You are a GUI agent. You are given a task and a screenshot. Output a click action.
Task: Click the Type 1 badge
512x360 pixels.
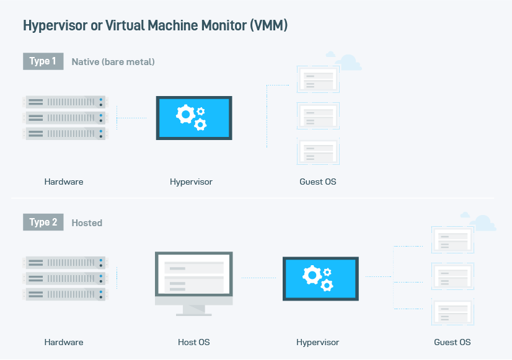click(43, 61)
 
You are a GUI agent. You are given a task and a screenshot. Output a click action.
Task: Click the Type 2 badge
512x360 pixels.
click(43, 222)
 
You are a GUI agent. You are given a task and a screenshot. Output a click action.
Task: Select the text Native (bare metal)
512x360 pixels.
click(113, 62)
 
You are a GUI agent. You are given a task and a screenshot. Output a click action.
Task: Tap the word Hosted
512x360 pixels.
click(87, 223)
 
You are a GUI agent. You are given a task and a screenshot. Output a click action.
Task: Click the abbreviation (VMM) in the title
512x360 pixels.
click(269, 25)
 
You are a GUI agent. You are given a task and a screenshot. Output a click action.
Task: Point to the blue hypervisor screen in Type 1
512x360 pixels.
click(194, 118)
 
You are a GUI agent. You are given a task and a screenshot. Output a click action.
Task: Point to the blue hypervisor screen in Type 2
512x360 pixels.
click(320, 279)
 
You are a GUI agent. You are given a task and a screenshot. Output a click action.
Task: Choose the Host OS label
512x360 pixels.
click(193, 342)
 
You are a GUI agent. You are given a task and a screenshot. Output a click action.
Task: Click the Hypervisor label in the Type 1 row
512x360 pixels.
click(191, 182)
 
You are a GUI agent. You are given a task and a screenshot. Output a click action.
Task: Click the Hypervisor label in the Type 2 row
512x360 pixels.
click(318, 343)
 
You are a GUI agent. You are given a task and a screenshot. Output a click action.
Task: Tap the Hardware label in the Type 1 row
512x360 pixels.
click(64, 182)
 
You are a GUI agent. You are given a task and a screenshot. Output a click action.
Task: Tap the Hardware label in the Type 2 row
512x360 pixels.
click(64, 342)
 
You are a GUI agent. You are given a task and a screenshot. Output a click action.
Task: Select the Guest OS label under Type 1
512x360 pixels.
click(318, 182)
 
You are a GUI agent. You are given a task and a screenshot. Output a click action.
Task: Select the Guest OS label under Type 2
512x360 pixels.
click(452, 342)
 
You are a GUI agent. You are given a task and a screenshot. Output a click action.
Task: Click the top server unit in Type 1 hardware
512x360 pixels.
click(65, 102)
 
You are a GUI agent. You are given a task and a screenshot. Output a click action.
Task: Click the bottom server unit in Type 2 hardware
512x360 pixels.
click(65, 294)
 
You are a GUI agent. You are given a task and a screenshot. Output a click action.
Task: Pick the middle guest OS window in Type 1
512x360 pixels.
click(318, 116)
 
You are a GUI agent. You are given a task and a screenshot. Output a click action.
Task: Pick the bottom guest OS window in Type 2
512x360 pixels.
click(452, 312)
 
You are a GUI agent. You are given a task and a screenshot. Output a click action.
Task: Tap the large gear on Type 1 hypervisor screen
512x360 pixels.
click(186, 114)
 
